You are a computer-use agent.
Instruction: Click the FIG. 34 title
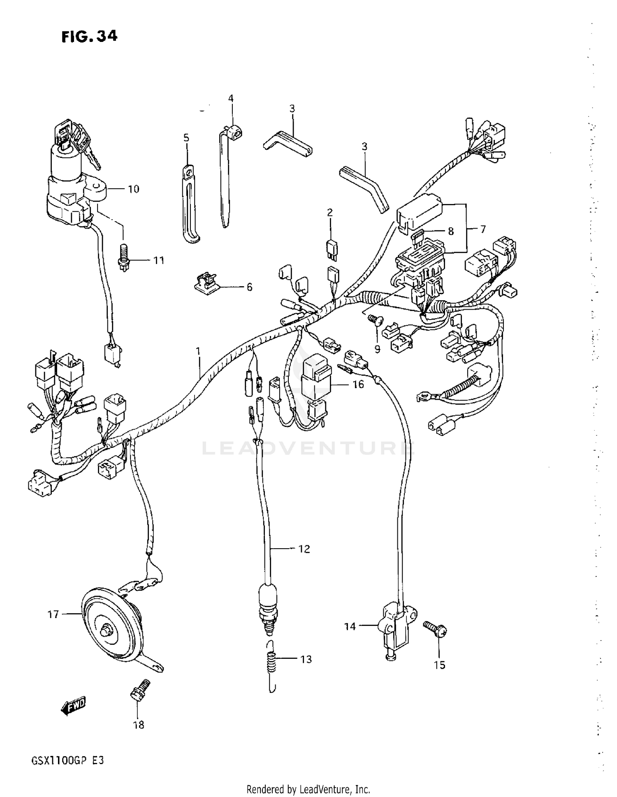pos(90,37)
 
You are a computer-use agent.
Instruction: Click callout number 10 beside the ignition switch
pos(134,189)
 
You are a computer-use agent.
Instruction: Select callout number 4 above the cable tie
pos(231,98)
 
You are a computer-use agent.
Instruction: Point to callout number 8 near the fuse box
pos(451,231)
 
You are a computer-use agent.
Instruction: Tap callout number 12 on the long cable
pos(304,549)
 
